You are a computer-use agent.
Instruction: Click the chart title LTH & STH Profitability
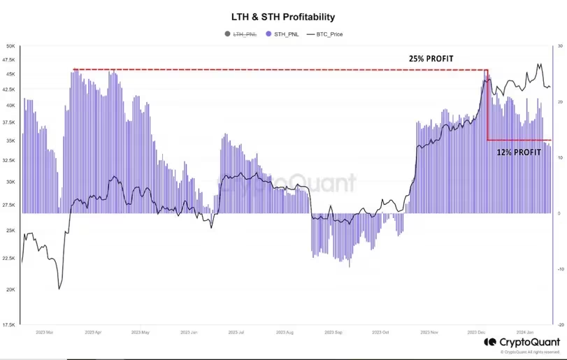click(x=283, y=16)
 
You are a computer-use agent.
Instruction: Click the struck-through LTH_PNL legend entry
click(x=242, y=33)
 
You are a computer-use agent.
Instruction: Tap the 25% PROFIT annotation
click(x=431, y=59)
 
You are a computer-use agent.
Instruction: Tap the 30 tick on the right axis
click(x=558, y=46)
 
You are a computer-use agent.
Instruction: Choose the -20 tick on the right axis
click(x=558, y=324)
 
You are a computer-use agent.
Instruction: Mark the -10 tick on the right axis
click(x=558, y=268)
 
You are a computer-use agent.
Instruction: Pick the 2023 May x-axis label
click(x=141, y=333)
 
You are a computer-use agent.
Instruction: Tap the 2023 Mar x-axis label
click(x=45, y=333)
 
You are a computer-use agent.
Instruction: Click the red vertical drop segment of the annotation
click(x=487, y=105)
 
